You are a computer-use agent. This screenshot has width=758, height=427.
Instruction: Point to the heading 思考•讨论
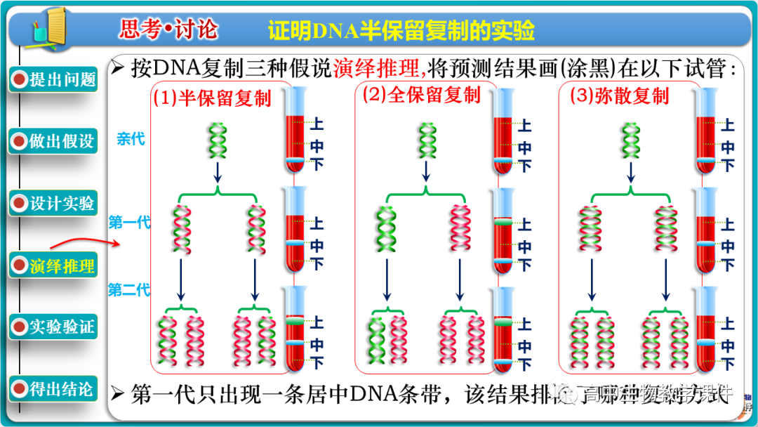pyautogui.click(x=168, y=29)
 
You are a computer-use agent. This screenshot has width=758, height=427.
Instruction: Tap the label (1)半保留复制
pyautogui.click(x=212, y=98)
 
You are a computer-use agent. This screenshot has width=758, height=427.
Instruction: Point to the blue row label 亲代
pyautogui.click(x=131, y=139)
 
